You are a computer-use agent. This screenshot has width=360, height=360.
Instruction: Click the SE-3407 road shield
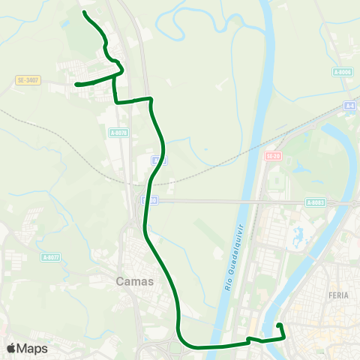point(27,79)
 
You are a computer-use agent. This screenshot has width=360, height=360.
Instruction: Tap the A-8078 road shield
point(118,133)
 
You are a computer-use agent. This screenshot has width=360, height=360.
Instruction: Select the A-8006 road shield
point(342,72)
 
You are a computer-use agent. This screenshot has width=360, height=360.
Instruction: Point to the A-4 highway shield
point(350,106)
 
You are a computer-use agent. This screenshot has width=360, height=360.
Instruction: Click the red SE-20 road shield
point(271,155)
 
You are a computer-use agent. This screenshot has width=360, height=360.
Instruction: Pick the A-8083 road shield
point(315,202)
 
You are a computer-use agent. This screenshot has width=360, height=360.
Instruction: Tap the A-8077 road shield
point(51,257)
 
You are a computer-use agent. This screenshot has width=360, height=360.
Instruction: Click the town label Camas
point(135,282)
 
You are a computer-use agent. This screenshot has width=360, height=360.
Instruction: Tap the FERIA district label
point(339,295)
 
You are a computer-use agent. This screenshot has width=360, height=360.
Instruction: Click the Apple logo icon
point(11,348)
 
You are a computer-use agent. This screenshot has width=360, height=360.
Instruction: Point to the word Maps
point(32,348)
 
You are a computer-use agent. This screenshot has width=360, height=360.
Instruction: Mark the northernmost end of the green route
point(83,13)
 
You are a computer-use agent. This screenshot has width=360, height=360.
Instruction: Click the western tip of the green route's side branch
point(76,85)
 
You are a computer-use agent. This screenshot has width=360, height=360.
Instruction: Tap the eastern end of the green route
point(279,324)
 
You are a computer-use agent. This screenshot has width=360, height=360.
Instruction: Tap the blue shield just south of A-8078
point(155,160)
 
